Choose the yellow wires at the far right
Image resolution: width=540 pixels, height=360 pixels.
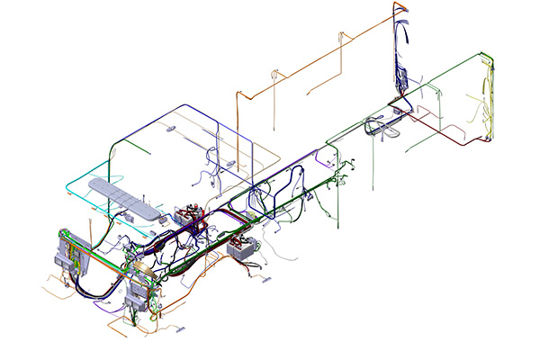tap(490, 99)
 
